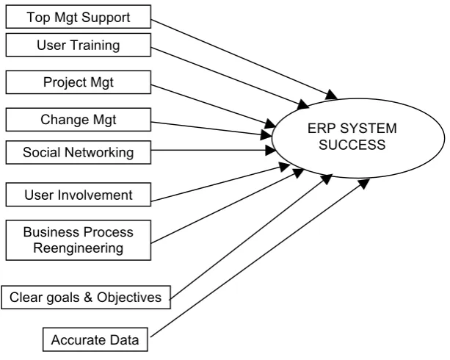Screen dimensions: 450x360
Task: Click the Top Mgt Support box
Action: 79,17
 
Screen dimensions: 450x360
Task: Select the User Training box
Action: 79,45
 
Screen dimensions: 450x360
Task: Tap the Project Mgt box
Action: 79,82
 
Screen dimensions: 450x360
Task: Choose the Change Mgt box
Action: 79,120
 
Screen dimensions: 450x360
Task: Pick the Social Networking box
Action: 79,152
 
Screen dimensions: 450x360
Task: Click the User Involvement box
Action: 79,195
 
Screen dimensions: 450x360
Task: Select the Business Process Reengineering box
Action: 79,240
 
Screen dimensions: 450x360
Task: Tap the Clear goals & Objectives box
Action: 86,298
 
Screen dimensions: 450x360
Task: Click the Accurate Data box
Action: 95,339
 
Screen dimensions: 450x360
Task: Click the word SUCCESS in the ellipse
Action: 352,145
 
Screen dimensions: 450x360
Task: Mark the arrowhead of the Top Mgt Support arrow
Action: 332,95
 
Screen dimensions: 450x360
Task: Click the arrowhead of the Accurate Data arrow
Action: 364,183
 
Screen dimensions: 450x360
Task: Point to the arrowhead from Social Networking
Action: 270,151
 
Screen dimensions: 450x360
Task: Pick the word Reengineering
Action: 79,248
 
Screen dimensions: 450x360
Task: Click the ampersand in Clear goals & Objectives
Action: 88,297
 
